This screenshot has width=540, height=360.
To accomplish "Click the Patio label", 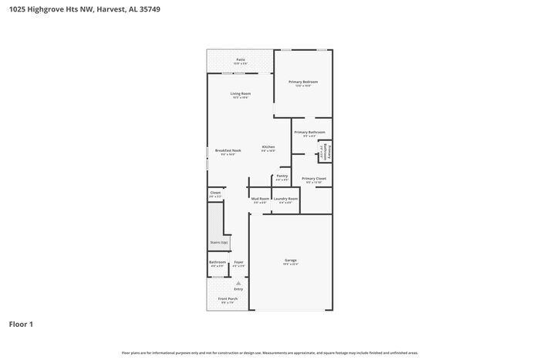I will (240, 59).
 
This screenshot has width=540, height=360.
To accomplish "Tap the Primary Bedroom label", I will (303, 82).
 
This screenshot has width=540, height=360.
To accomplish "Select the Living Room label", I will (240, 94).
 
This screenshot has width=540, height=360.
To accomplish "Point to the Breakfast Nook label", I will (228, 150).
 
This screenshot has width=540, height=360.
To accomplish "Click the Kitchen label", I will (268, 147).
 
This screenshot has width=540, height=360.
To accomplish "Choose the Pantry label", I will (282, 176).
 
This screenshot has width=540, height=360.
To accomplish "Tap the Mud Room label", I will (260, 199).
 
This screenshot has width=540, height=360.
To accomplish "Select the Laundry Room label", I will (285, 199).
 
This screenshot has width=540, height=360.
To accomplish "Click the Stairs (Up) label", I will (219, 242).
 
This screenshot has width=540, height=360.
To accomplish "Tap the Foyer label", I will (239, 262).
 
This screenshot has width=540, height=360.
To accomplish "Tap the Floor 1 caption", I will (21, 325).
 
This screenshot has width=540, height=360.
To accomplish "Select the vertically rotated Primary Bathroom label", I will (326, 151).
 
